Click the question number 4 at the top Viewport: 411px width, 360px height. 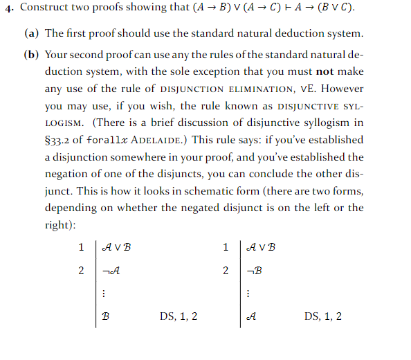(8, 9)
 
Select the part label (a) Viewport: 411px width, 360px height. (32, 33)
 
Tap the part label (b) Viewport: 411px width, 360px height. (32, 55)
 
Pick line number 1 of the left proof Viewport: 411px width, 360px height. (82, 246)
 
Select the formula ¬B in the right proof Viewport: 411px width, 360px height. (255, 270)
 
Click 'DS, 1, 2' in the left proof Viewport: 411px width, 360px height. (179, 316)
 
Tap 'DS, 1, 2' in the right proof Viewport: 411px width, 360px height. (323, 316)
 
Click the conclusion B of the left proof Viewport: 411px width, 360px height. (106, 316)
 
